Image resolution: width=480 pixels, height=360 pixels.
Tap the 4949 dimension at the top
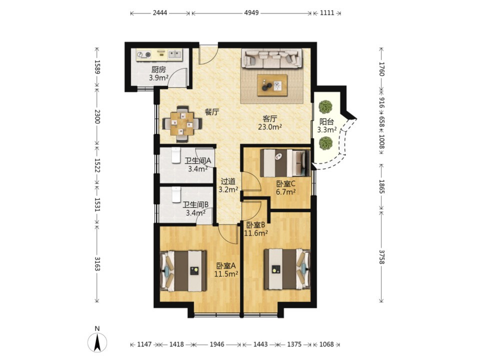pos(251,13)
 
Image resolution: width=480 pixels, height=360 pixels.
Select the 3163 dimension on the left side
pos(97,263)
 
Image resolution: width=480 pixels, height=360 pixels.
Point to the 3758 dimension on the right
pos(381,256)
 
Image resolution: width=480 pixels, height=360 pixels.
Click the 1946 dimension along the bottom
pos(217,344)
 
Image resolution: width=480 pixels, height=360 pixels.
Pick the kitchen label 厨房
pos(158,70)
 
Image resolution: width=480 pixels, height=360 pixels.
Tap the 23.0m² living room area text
pos(269,126)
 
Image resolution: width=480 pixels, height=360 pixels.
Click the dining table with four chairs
pos(182,124)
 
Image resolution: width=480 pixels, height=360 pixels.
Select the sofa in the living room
pos(272,58)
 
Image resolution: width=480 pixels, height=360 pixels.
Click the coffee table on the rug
pos(272,85)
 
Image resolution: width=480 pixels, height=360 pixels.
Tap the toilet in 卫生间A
pos(175,155)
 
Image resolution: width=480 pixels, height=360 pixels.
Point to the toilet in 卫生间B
pos(176,194)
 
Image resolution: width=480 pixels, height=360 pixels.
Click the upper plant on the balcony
pos(325,107)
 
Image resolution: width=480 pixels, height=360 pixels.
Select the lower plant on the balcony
pos(325,143)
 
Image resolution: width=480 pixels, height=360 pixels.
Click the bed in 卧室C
pos(284,162)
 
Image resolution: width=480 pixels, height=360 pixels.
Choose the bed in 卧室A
pos(183,271)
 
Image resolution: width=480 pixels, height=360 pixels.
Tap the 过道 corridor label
pos(228,181)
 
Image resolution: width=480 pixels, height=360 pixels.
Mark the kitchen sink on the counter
pos(174,54)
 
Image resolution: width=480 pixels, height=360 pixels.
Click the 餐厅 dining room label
pos(212,112)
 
